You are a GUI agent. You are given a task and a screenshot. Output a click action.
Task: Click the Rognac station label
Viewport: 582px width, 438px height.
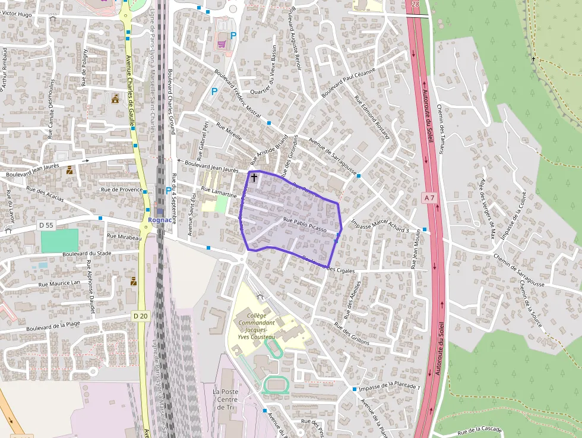159,219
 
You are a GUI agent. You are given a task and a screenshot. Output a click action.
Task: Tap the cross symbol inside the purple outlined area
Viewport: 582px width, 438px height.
254,177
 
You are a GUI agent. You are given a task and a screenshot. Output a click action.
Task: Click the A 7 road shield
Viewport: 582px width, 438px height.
430,197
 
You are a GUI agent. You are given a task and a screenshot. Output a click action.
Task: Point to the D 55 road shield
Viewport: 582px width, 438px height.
46,225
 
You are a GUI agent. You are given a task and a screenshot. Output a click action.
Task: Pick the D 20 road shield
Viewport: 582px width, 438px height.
140,316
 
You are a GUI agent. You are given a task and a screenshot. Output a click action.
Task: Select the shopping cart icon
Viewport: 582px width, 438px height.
222,43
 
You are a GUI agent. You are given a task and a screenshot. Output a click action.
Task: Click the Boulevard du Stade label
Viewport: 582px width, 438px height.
87,253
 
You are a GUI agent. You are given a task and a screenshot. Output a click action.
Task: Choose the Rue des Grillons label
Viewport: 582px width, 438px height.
352,333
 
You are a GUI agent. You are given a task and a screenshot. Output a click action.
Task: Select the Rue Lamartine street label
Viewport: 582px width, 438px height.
219,191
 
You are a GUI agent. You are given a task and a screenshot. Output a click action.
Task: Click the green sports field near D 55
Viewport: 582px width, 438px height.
59,241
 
